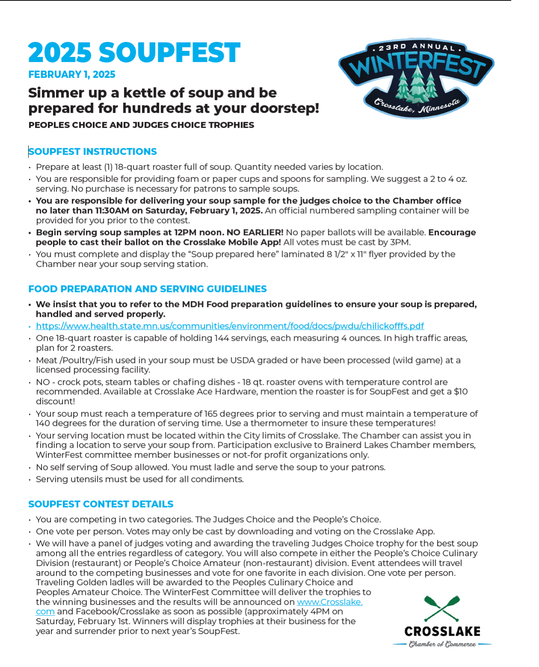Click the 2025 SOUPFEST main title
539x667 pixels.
pos(134,53)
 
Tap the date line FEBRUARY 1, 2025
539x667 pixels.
pos(71,74)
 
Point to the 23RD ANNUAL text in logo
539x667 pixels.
pos(416,47)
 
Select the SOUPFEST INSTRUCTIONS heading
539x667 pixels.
pos(93,152)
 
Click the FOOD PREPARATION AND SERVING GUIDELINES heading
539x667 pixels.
pos(147,289)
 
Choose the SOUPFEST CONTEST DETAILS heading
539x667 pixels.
pos(101,504)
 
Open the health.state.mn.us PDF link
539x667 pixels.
pos(230,326)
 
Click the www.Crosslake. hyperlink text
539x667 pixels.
pos(330,602)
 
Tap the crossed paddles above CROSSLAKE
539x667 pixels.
pos(442,608)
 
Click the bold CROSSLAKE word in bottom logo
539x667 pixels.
pos(442,631)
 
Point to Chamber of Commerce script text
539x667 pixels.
pos(442,644)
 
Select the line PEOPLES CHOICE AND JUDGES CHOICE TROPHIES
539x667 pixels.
pos(141,125)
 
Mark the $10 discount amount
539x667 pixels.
pos(461,391)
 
